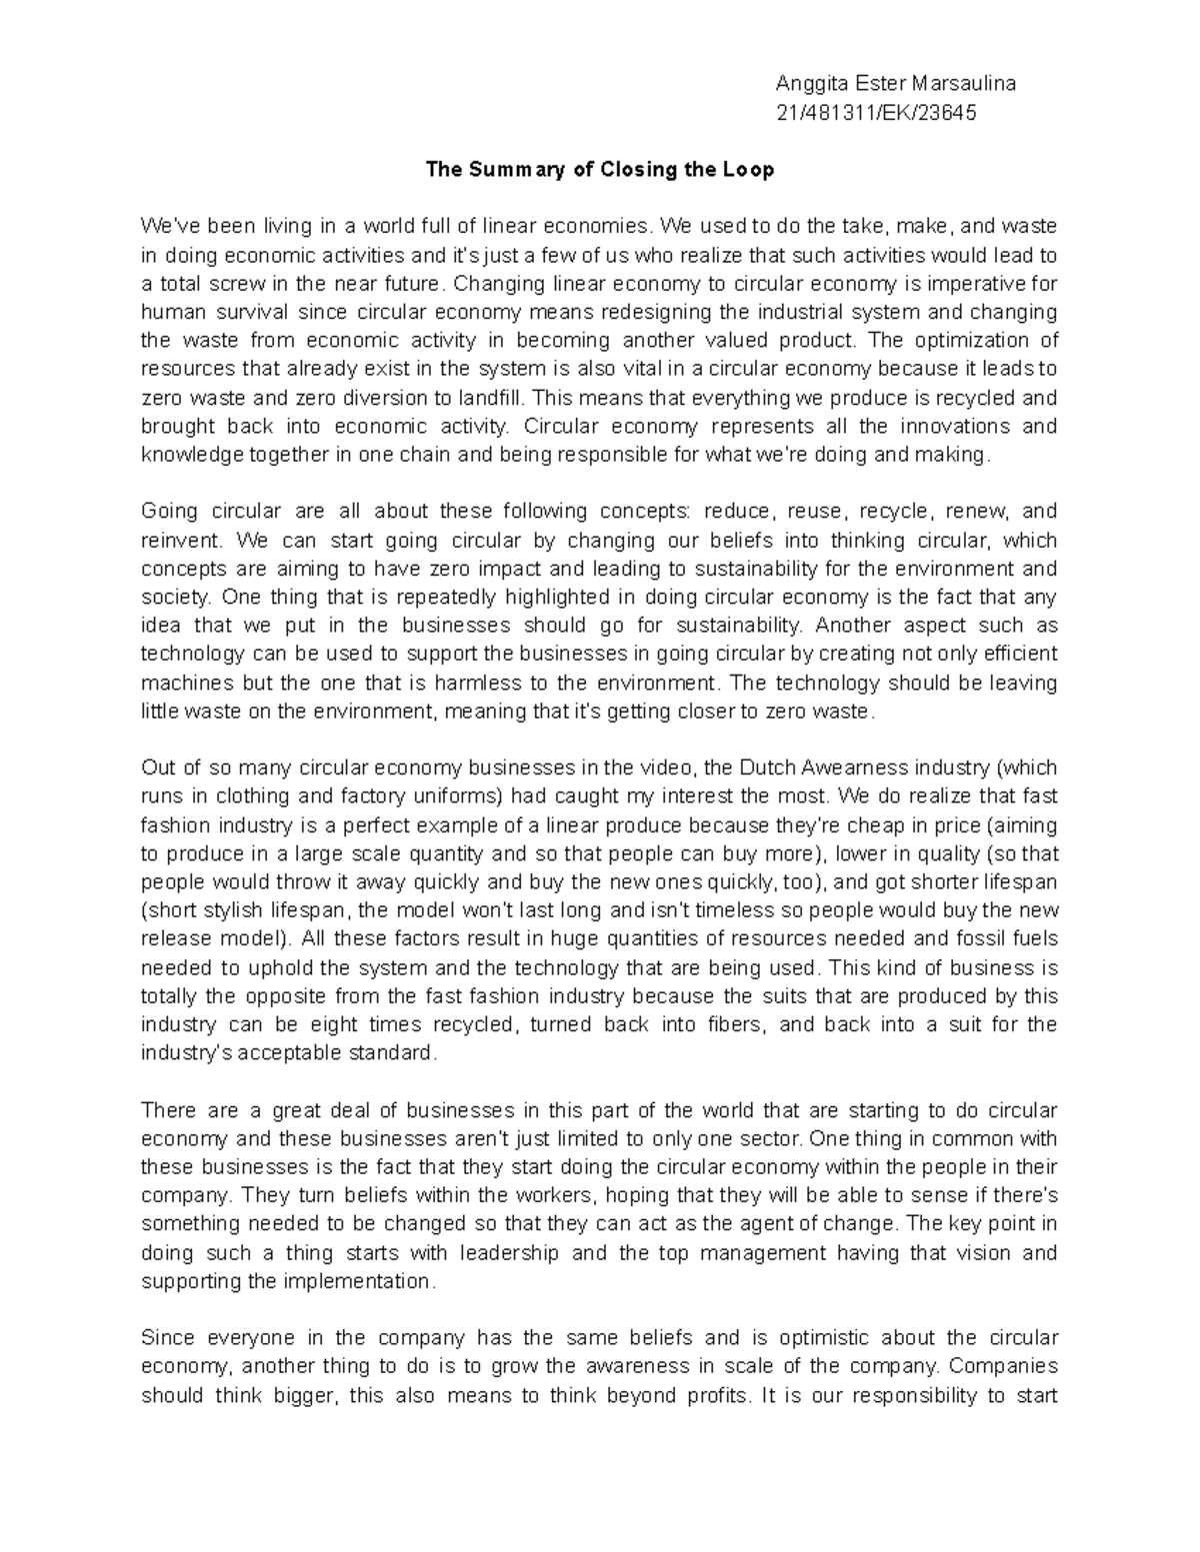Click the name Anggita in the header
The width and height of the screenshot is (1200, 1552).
(811, 84)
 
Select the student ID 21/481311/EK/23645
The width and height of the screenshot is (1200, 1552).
(876, 113)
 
